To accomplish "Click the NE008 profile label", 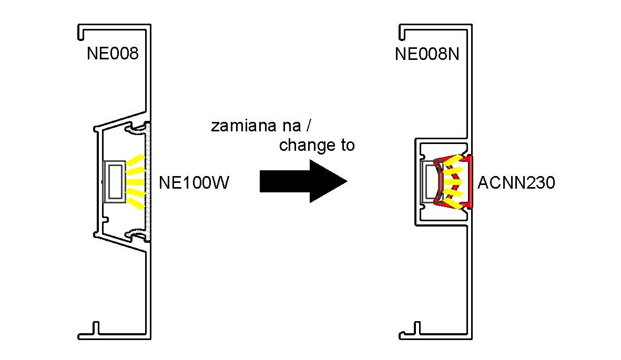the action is click(113, 54).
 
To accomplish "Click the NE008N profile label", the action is click(427, 54).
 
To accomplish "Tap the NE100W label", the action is click(194, 182).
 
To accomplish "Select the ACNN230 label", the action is click(516, 182).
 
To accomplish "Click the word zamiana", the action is click(243, 126).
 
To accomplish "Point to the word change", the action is click(304, 146).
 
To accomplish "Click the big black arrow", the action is click(303, 181).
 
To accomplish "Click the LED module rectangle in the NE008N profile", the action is click(429, 182).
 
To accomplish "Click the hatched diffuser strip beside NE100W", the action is click(148, 182).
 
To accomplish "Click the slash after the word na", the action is click(308, 126).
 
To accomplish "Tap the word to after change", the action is click(344, 146).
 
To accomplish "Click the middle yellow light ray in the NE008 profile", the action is click(135, 182).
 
